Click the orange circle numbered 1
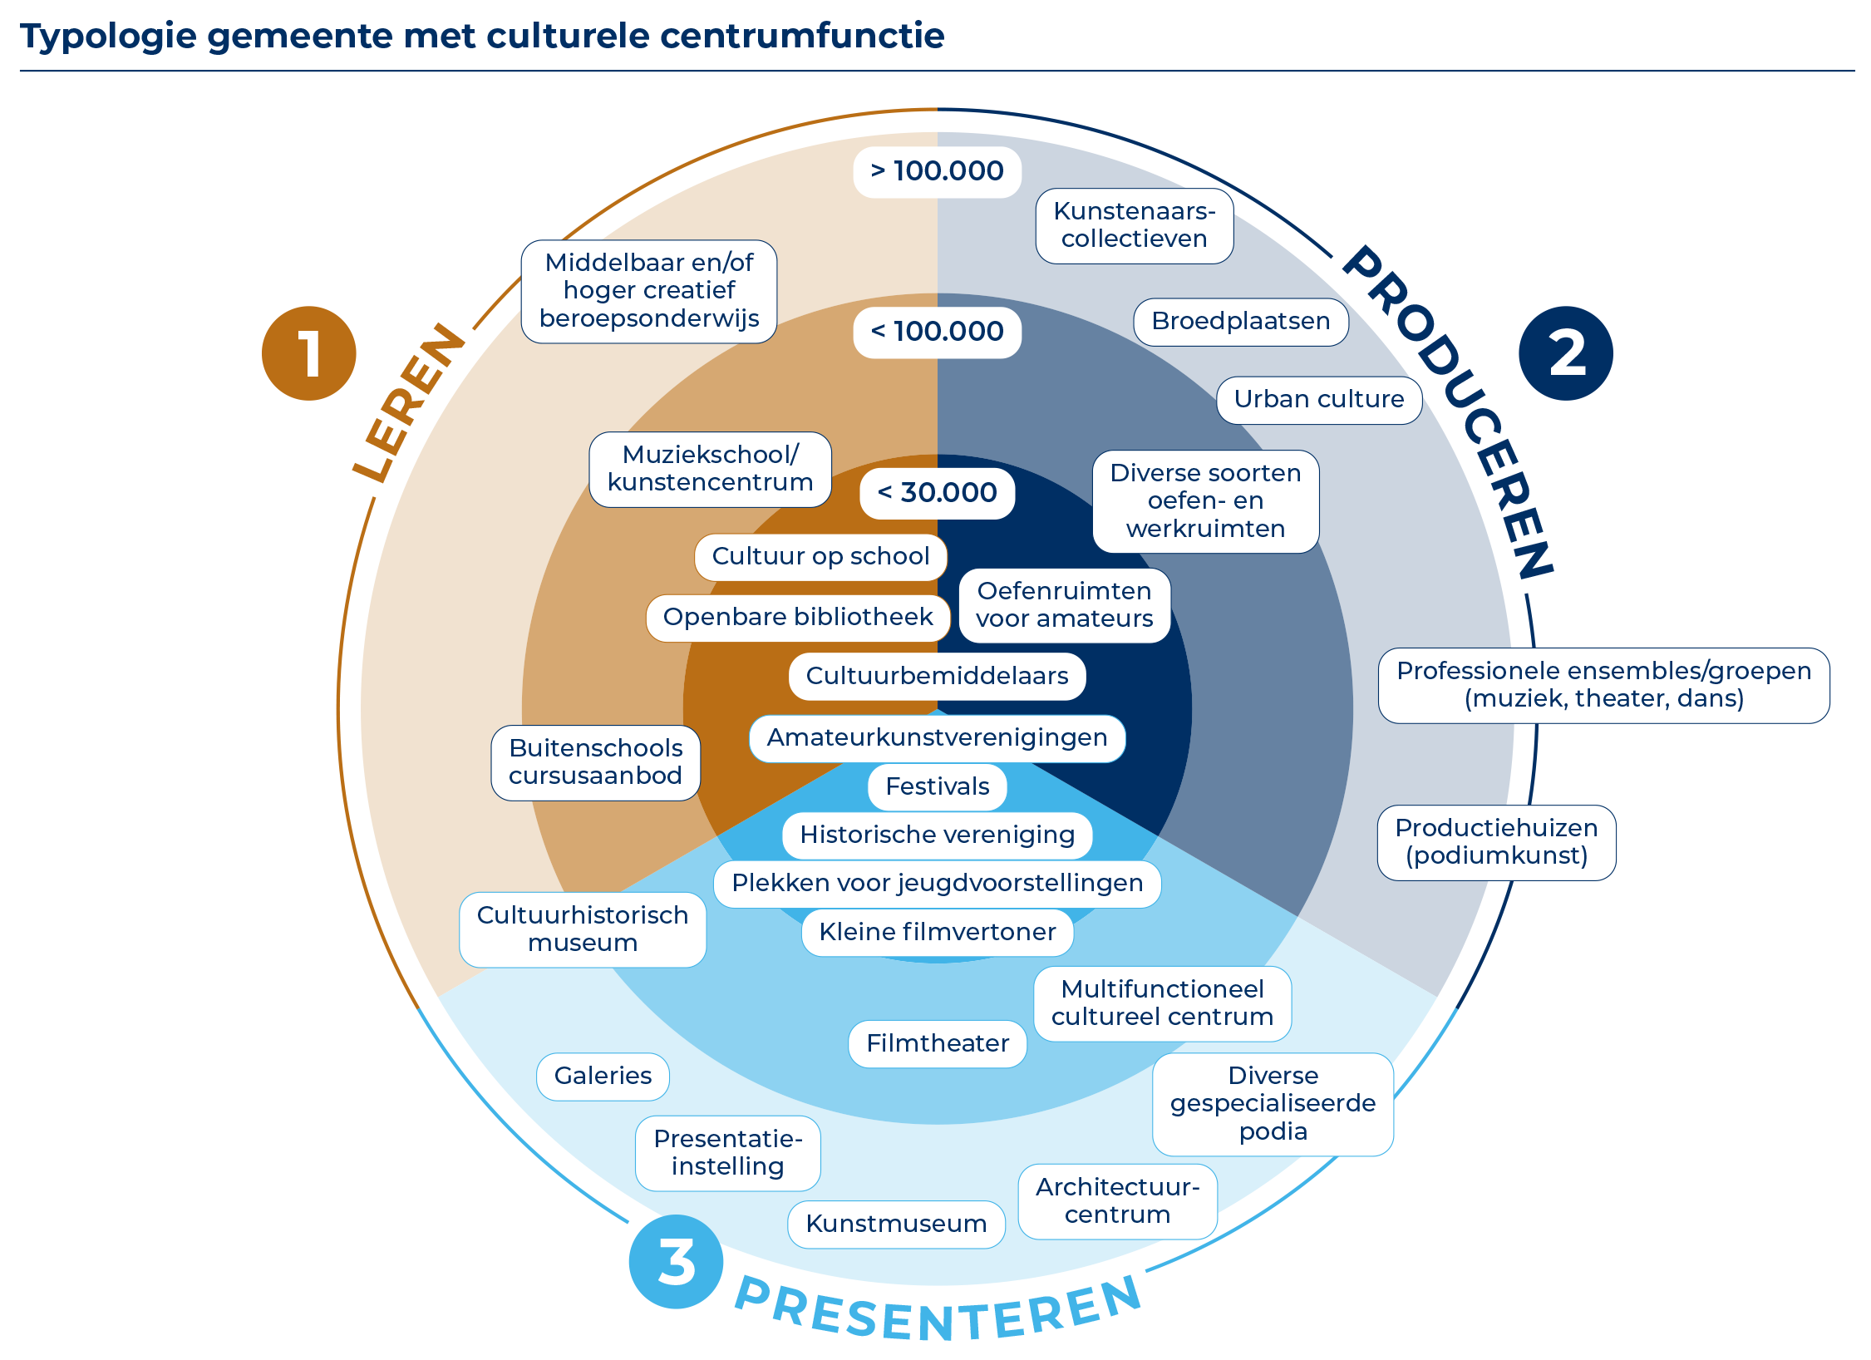coord(308,353)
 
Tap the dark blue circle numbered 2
coord(1565,353)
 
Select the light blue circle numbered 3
coord(676,1261)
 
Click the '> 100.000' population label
coord(937,171)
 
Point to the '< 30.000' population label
coord(937,493)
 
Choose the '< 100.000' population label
coord(937,332)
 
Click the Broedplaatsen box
coord(1240,322)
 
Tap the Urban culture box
coord(1318,400)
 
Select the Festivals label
coord(937,786)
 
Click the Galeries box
coord(603,1077)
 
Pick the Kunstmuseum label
coord(896,1224)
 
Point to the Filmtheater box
coord(937,1043)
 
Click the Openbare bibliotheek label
coord(797,618)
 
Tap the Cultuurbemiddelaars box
coord(937,676)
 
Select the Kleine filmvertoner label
coord(937,932)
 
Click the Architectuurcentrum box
coord(1117,1201)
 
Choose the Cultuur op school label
coord(820,556)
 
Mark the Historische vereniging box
coord(937,835)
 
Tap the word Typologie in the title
coord(108,37)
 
